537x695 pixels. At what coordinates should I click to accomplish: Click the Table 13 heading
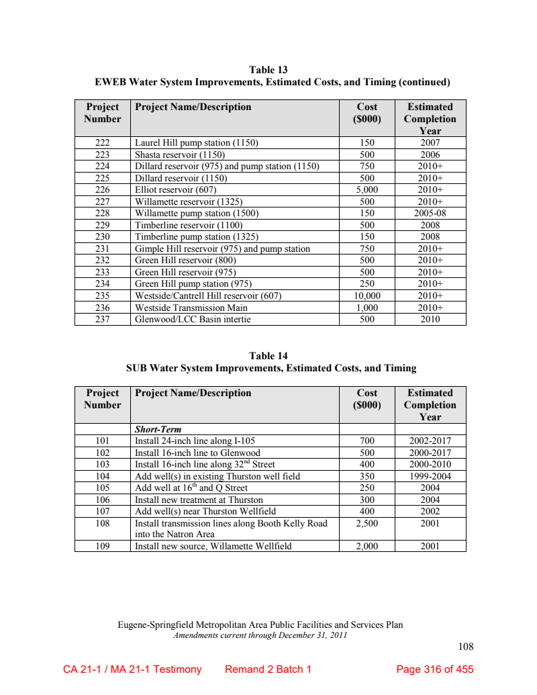coord(268,70)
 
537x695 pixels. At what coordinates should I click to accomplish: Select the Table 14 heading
coord(268,356)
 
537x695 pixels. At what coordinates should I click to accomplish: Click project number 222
coord(102,143)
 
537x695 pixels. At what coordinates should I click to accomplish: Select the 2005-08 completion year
coord(430,214)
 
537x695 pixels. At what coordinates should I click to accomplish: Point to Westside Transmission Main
coord(191,308)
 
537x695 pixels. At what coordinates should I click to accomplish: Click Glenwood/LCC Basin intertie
coord(193,320)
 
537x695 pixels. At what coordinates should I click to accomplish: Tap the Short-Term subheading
coord(158,429)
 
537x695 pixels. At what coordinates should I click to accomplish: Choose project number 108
coord(102,523)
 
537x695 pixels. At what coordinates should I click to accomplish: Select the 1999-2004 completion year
coord(430,477)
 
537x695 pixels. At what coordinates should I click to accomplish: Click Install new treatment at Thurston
coord(199,500)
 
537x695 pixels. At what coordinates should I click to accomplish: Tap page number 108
coord(466,647)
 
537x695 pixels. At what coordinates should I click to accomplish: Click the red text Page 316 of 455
coord(435,669)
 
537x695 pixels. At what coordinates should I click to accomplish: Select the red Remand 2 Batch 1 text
coord(268,669)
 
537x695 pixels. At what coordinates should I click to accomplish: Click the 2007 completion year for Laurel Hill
coord(430,143)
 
